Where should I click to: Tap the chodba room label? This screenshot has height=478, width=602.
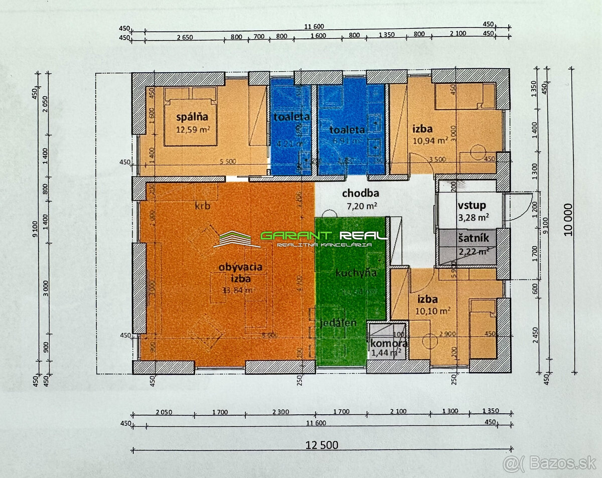coord(360,193)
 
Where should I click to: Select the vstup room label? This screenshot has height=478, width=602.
coord(471,206)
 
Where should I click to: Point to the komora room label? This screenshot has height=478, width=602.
coord(389,344)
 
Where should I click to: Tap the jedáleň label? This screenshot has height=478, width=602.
coord(338,323)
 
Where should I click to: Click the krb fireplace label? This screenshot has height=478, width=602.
coord(202,206)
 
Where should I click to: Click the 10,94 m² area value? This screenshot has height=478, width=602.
coord(430,140)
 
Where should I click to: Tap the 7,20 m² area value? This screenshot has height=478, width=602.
coord(360,205)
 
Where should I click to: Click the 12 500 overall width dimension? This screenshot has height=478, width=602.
coord(322,445)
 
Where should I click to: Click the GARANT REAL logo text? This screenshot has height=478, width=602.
coord(323,236)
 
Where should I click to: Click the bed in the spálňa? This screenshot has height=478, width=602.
coord(191,116)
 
